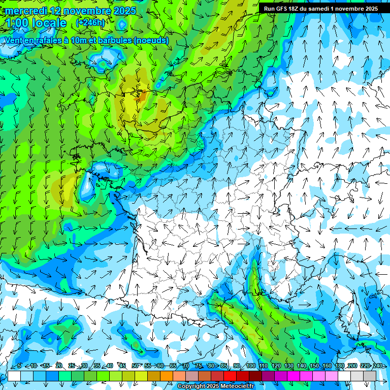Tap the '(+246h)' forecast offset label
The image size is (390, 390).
point(90,23)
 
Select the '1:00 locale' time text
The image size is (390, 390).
point(36,23)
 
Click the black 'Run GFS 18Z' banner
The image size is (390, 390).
point(320,9)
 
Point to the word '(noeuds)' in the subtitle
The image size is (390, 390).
point(151,41)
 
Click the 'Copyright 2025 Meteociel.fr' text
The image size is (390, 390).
point(216,386)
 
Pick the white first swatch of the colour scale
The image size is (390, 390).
point(14,376)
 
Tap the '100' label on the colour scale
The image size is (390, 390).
point(251,366)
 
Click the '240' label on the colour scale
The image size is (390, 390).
point(378,366)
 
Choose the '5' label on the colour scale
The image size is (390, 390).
point(19,366)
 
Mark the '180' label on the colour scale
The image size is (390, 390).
point(340,366)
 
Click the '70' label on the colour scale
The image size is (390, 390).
point(186,366)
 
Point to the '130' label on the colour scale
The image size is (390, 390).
point(289,366)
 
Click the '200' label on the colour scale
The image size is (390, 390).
point(352,366)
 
